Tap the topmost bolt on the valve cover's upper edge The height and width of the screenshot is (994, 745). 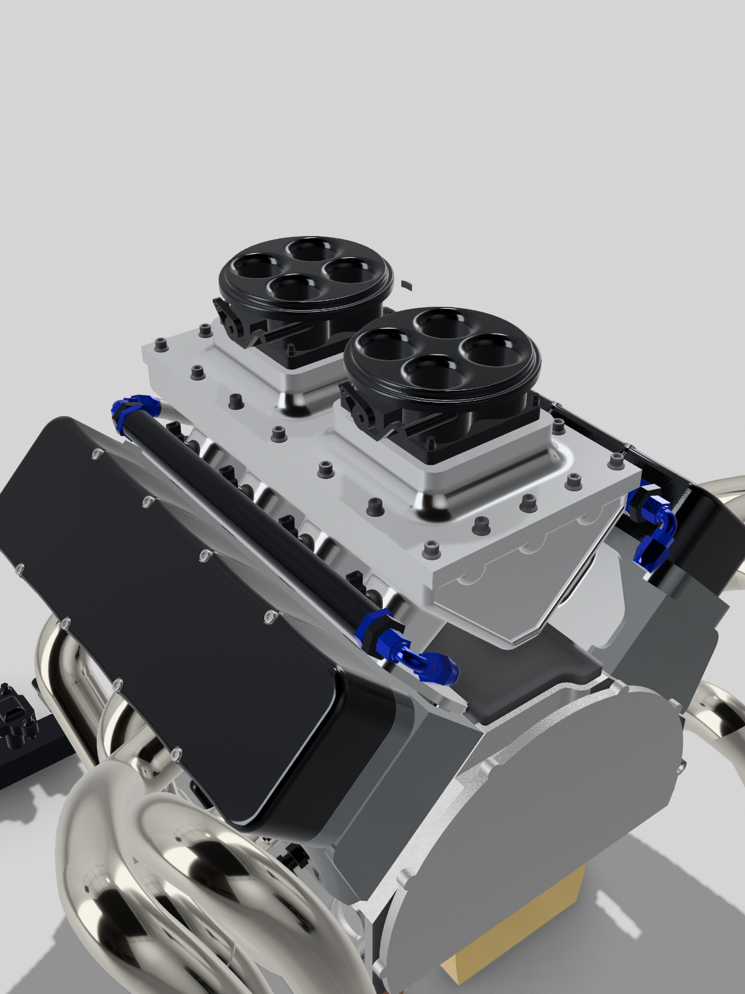tap(96, 455)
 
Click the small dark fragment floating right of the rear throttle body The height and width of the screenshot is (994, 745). tap(406, 285)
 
